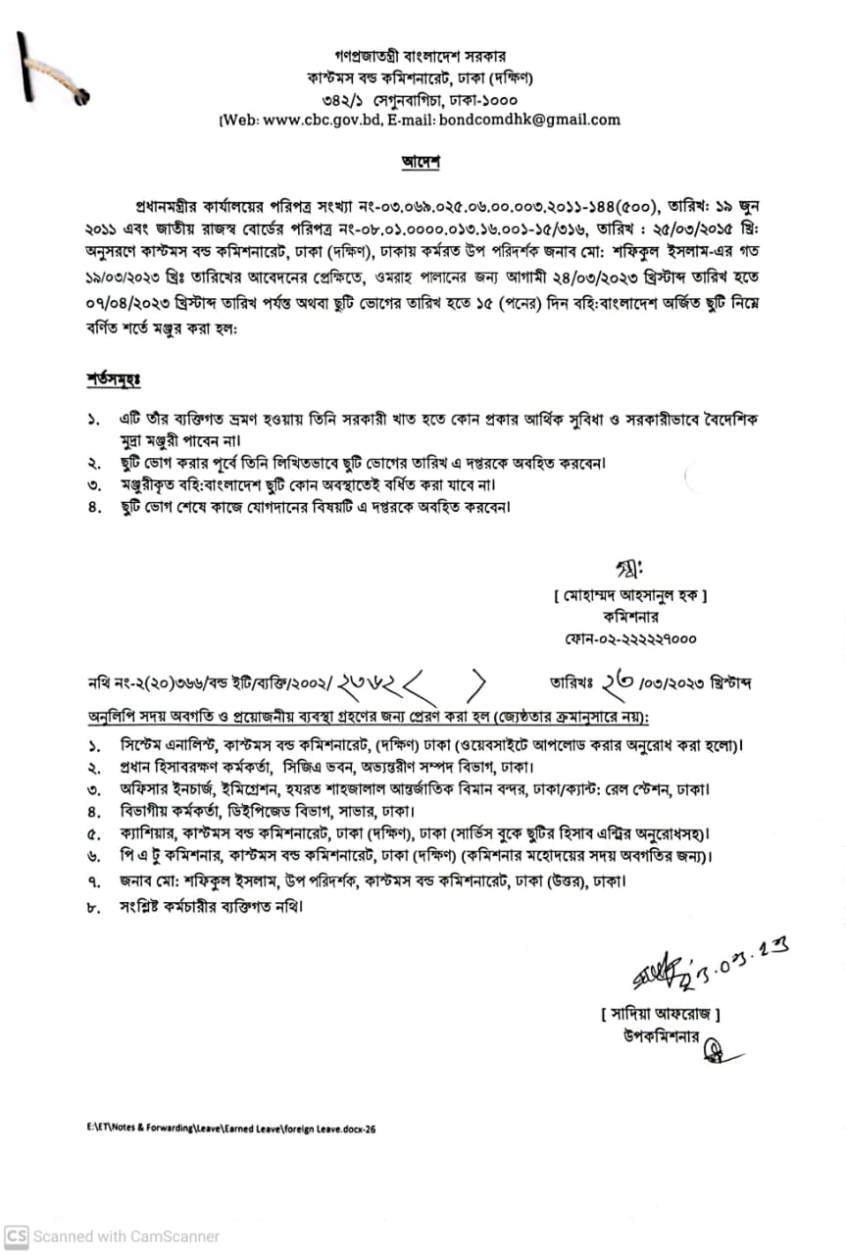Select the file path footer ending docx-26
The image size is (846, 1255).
click(x=231, y=1129)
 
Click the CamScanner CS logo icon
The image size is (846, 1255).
click(x=16, y=1236)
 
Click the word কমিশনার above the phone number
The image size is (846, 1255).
click(x=629, y=618)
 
